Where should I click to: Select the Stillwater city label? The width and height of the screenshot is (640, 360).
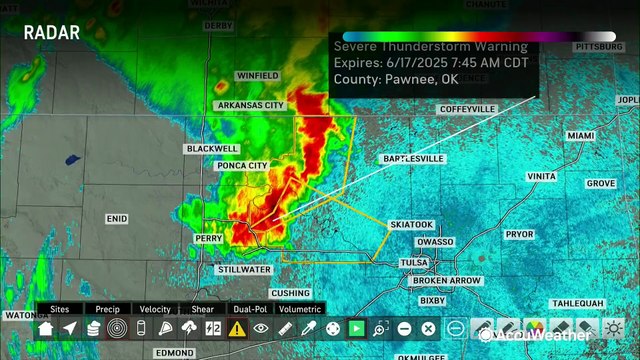244,269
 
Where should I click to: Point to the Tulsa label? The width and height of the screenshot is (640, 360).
414,262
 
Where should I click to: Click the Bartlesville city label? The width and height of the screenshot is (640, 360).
413,159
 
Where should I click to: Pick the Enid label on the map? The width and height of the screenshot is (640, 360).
117,218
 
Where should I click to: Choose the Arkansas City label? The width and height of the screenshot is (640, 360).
250,105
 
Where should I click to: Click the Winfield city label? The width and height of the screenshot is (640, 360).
258,76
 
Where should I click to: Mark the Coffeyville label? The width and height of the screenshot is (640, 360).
467,109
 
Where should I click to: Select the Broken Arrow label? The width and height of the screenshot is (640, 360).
446,281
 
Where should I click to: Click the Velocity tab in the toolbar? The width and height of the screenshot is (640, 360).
155,310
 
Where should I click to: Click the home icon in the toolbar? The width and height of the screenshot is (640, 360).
45,329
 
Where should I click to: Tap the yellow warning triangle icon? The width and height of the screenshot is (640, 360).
237,329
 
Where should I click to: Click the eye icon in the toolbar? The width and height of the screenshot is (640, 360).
261,329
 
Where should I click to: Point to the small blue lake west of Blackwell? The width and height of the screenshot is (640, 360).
72,158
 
